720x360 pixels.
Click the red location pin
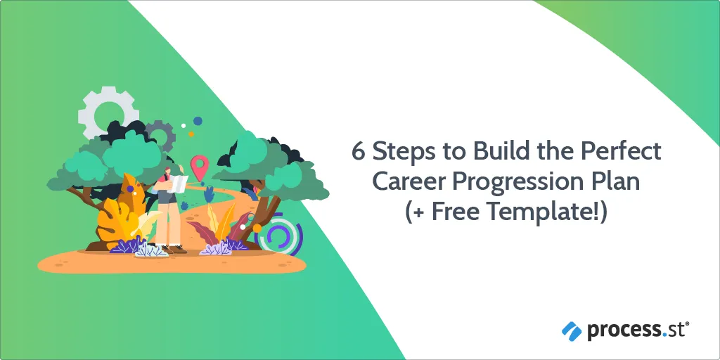point(199,167)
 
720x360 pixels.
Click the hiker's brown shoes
point(174,250)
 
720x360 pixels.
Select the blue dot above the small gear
point(198,121)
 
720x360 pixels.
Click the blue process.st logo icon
point(572,331)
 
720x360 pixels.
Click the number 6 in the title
point(359,152)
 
